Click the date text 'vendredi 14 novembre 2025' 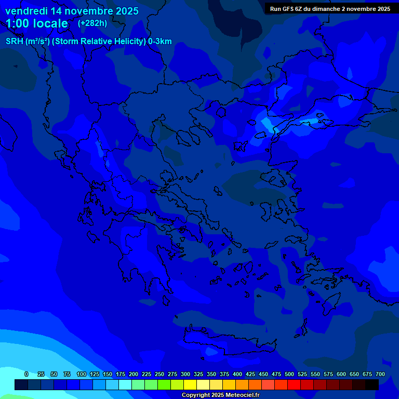click(72, 11)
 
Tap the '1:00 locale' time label click(37, 23)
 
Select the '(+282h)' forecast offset click(92, 23)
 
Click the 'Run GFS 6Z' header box click(330, 9)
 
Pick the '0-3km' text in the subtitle click(159, 42)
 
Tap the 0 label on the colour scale click(26, 374)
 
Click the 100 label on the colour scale click(82, 374)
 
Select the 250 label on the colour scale click(159, 374)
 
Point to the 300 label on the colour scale click(185, 374)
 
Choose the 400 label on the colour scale click(237, 374)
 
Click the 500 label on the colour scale click(289, 374)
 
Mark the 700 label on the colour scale click(380, 374)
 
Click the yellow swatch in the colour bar click(190, 384)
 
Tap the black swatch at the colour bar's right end click(372, 384)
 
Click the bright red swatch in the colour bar click(294, 384)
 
